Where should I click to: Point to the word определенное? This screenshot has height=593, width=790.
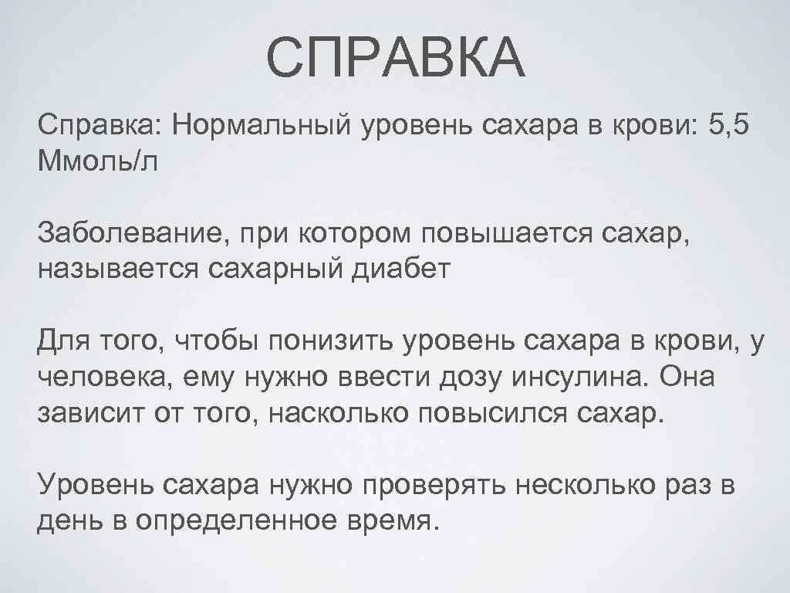(237, 525)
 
